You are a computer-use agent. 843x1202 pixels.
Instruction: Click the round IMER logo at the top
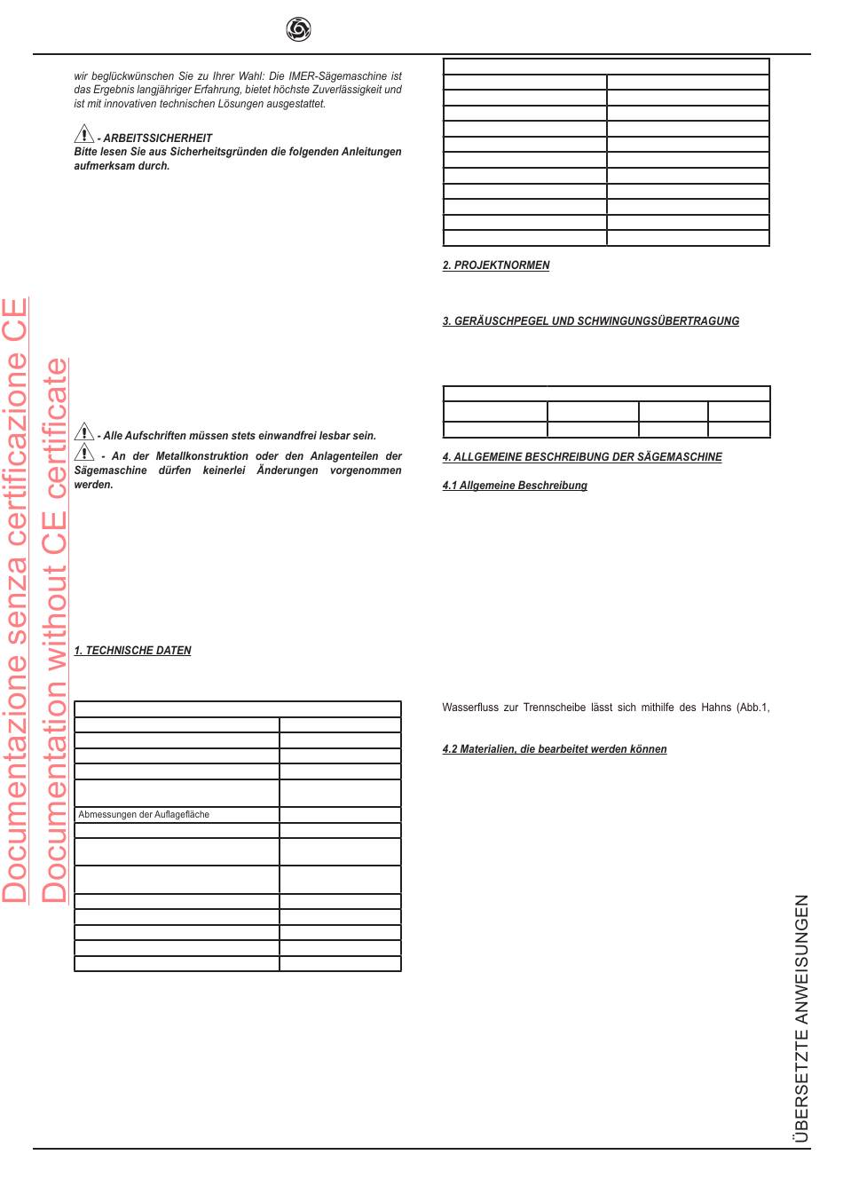coord(298,30)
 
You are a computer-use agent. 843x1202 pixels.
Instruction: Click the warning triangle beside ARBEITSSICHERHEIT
coord(83,134)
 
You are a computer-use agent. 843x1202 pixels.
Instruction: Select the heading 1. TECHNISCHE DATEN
coord(132,651)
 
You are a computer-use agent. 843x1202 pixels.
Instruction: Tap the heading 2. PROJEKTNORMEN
coord(496,265)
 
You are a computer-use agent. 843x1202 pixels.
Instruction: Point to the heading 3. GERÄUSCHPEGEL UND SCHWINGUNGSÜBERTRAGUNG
coord(590,321)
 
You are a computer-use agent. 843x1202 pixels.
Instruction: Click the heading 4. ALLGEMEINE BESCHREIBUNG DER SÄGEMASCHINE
coord(581,457)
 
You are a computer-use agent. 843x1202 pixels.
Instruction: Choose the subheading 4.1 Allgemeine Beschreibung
coord(515,486)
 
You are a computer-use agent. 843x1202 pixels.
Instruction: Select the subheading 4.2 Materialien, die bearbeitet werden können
coord(554,749)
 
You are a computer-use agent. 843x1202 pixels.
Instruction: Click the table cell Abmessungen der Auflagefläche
coord(144,814)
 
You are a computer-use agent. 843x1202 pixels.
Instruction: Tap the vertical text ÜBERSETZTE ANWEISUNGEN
coord(801,1018)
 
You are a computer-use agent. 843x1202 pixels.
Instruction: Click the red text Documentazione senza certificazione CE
coord(15,600)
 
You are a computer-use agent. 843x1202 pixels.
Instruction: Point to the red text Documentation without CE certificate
coord(55,630)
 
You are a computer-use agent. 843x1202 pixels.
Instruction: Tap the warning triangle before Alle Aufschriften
coord(83,432)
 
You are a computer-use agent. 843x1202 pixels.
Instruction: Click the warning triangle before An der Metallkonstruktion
coord(83,452)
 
